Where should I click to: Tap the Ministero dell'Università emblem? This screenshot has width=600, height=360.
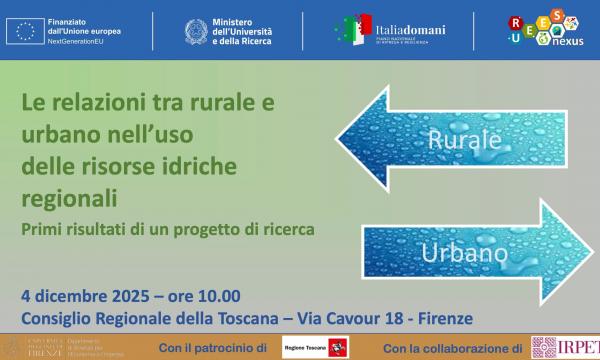[x=195, y=32]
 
